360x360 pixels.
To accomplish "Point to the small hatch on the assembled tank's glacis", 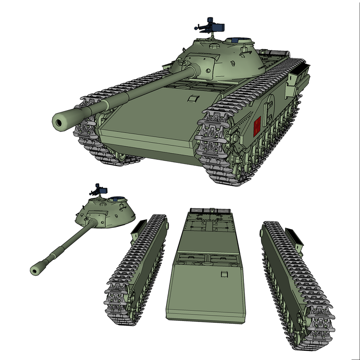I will pos(193,98).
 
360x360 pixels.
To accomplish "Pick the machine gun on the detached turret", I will pos(100,190).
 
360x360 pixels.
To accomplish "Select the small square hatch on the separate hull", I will pos(224,274).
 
